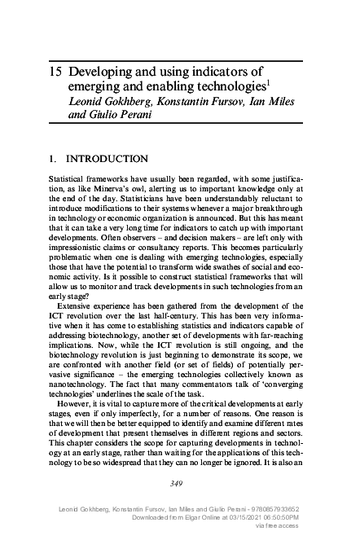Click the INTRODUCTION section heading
(106, 158)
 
